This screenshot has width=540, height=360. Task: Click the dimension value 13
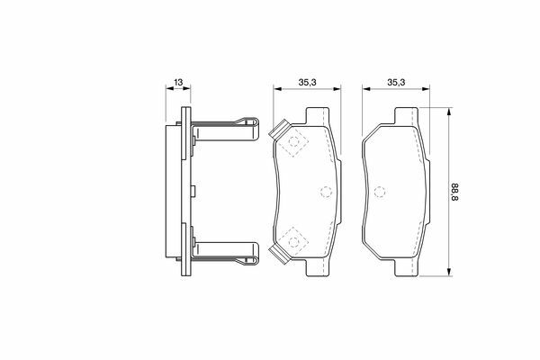[x=178, y=82]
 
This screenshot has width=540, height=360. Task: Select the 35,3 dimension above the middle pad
[x=307, y=82]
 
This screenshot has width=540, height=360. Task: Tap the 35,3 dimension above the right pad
[x=396, y=82]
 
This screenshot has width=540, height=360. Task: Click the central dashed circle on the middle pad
[x=326, y=192]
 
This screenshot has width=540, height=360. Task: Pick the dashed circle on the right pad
[x=380, y=192]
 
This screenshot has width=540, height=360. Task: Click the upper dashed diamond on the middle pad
[x=293, y=141]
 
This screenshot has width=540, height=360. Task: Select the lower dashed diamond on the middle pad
[x=293, y=242]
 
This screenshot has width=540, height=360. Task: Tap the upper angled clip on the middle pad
[x=279, y=128]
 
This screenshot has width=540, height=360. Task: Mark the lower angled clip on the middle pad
[x=279, y=256]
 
